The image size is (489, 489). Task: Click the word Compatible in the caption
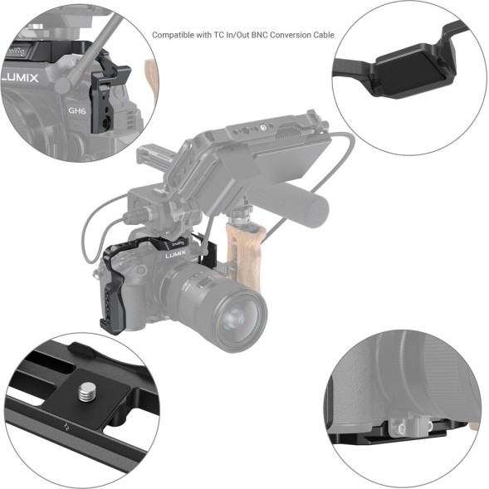[x=174, y=36]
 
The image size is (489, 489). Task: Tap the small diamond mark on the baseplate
[x=66, y=429]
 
